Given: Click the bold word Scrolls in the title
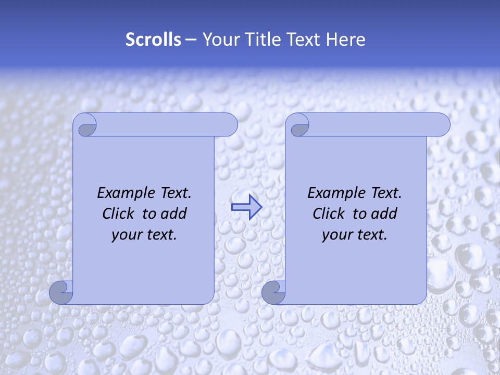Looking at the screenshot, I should pyautogui.click(x=153, y=40).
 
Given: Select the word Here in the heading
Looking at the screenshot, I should pyautogui.click(x=345, y=40).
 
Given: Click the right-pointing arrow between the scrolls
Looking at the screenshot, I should pyautogui.click(x=246, y=207).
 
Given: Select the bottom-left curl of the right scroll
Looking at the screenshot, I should pyautogui.click(x=274, y=292).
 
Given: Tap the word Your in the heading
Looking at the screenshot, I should pyautogui.click(x=219, y=40).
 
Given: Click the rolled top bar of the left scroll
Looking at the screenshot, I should pyautogui.click(x=167, y=124).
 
